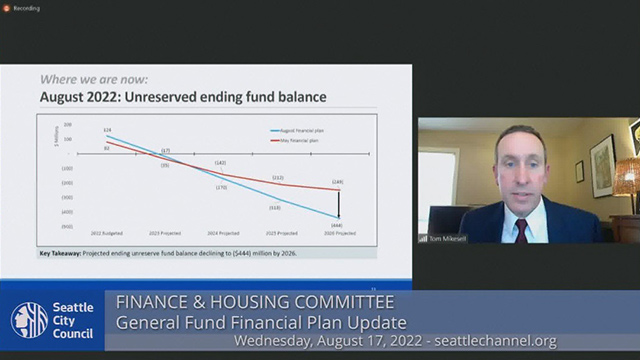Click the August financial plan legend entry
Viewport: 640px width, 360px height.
point(297,131)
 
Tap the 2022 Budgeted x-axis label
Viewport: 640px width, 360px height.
point(107,232)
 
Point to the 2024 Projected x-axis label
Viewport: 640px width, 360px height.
point(222,232)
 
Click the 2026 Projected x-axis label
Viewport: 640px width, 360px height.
point(339,232)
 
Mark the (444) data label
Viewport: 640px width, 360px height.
point(339,225)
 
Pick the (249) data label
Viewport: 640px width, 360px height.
point(338,182)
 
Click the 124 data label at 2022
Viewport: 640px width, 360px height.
point(107,130)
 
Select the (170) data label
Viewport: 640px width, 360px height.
point(221,187)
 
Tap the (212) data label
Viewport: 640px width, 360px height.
point(279,177)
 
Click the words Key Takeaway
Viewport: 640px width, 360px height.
point(59,253)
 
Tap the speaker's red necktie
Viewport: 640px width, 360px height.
point(521,230)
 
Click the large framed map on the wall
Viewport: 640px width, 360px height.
point(603,164)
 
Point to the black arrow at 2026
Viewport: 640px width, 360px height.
point(339,204)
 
